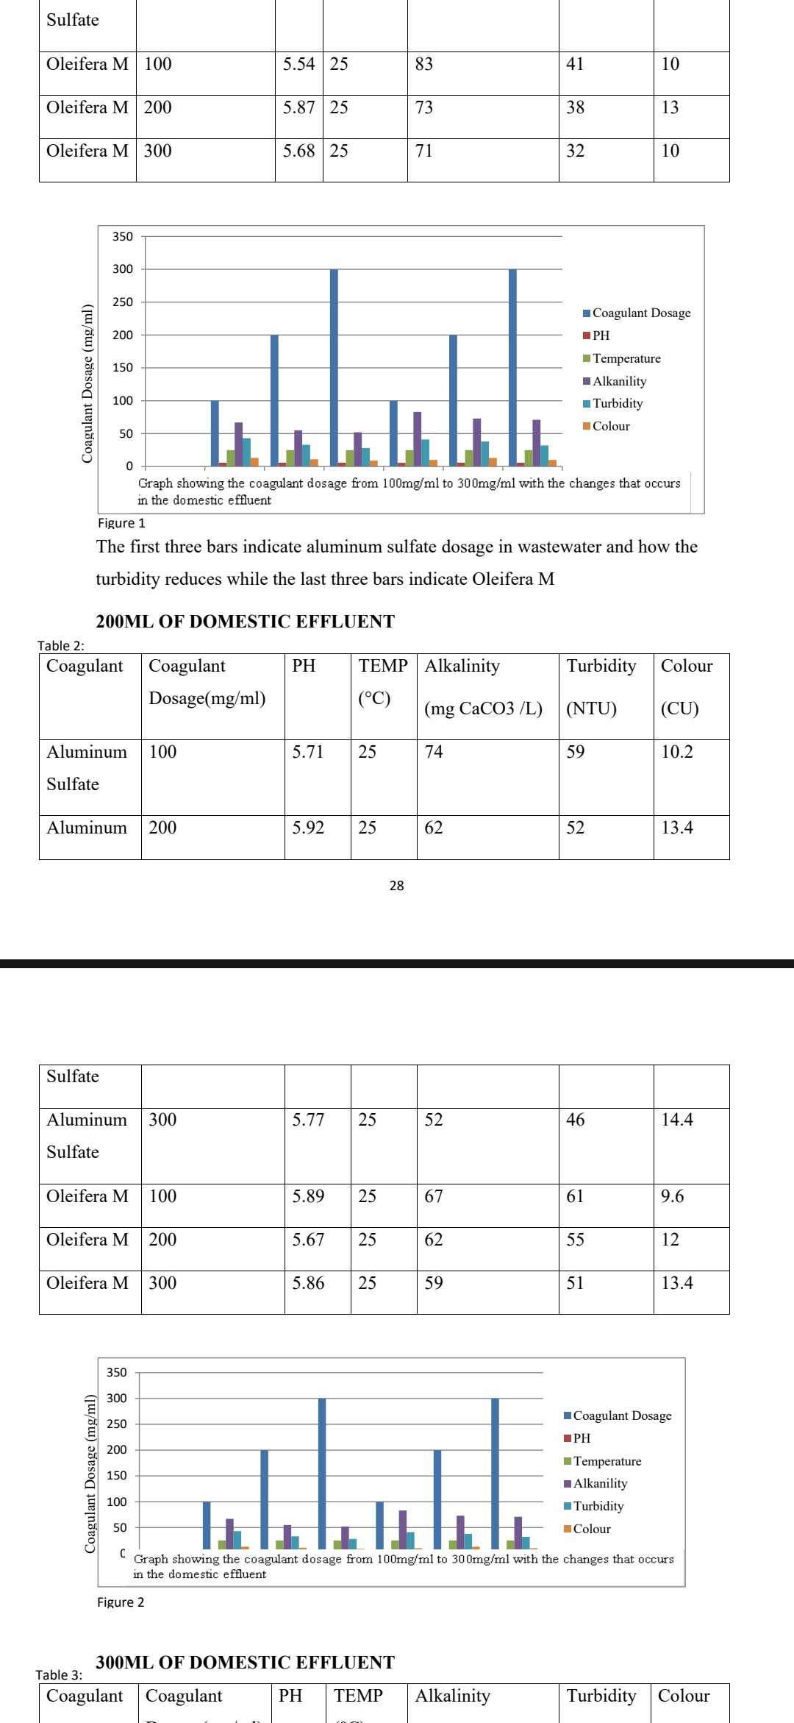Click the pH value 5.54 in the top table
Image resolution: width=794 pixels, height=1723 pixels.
click(x=298, y=65)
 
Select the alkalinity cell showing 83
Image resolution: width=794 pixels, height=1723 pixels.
click(x=424, y=65)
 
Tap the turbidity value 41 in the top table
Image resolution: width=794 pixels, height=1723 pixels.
click(x=575, y=65)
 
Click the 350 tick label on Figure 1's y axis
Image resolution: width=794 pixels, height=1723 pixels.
click(x=123, y=237)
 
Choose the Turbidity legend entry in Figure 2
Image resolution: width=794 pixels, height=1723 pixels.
click(x=598, y=1506)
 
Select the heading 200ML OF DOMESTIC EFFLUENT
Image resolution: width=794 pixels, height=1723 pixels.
click(x=245, y=622)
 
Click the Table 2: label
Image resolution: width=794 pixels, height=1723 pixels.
click(x=61, y=646)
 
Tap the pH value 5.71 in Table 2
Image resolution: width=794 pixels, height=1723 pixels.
click(x=308, y=752)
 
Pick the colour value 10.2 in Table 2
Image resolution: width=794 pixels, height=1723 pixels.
click(x=676, y=752)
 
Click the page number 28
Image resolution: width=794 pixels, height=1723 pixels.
click(x=397, y=886)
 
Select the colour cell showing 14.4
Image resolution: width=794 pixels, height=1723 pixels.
click(x=676, y=1120)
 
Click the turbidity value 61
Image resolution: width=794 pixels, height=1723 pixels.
click(x=576, y=1196)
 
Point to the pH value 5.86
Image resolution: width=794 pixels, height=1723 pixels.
click(x=308, y=1283)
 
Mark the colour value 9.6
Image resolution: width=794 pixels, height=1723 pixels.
click(x=672, y=1196)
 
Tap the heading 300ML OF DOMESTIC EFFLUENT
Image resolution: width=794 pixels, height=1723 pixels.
click(x=245, y=1663)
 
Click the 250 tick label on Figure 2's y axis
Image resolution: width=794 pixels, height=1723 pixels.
click(x=117, y=1424)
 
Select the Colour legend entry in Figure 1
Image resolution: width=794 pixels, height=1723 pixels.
click(x=611, y=426)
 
